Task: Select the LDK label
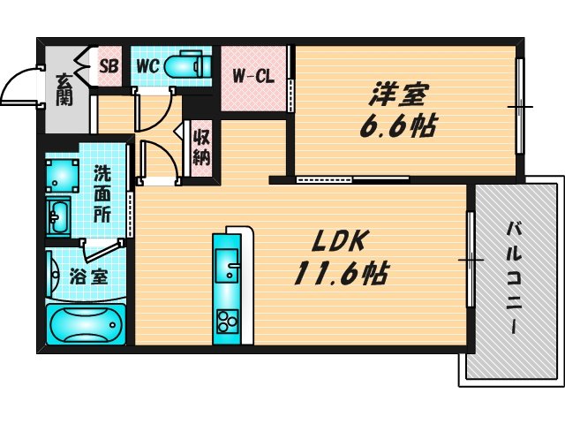pos(335,240)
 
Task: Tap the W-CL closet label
pos(253,76)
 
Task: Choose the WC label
pos(147,66)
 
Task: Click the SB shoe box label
pos(109,66)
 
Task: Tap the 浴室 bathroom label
pos(88,276)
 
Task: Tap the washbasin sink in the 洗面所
pos(60,215)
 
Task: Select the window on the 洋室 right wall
pos(521,106)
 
